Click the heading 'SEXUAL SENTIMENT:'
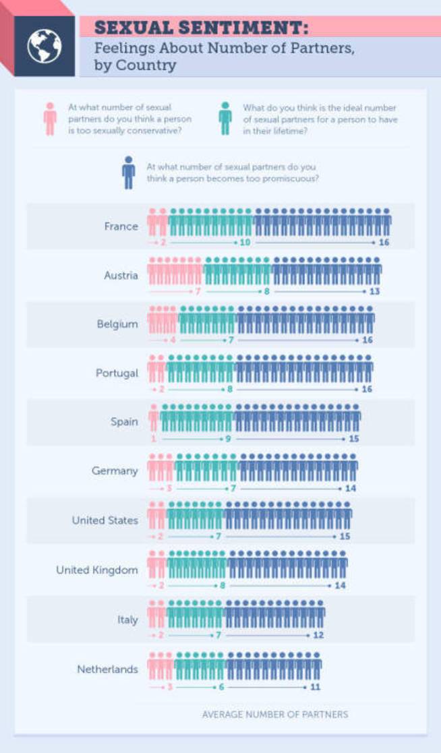click(x=202, y=28)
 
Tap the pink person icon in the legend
click(x=50, y=119)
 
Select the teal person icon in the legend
click(x=225, y=119)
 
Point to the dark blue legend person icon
click(x=128, y=172)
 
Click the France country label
click(x=121, y=227)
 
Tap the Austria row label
click(x=121, y=275)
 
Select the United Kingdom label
click(x=96, y=570)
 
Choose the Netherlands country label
click(x=107, y=669)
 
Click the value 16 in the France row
click(x=384, y=242)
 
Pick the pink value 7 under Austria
click(x=198, y=291)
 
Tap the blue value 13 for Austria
click(x=375, y=291)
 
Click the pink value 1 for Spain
click(x=154, y=439)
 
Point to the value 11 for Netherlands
click(x=315, y=687)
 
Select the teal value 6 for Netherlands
click(x=221, y=687)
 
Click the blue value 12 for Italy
click(x=318, y=636)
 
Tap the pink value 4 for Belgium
click(x=173, y=340)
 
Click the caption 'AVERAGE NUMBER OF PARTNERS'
click(x=275, y=715)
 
